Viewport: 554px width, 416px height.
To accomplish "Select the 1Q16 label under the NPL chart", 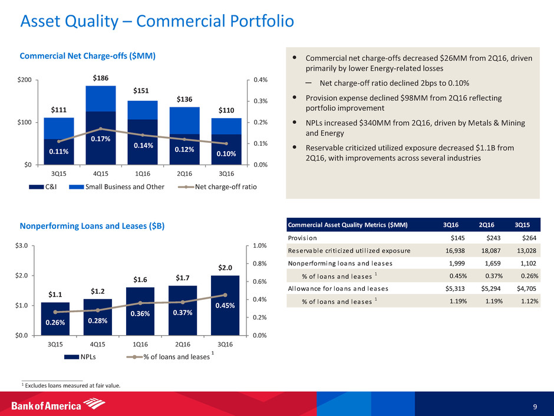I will pyautogui.click(x=140, y=345).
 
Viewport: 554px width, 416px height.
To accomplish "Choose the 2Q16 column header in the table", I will pyautogui.click(x=486, y=225).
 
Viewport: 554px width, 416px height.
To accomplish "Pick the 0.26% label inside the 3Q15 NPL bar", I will pyautogui.click(x=56, y=322).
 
